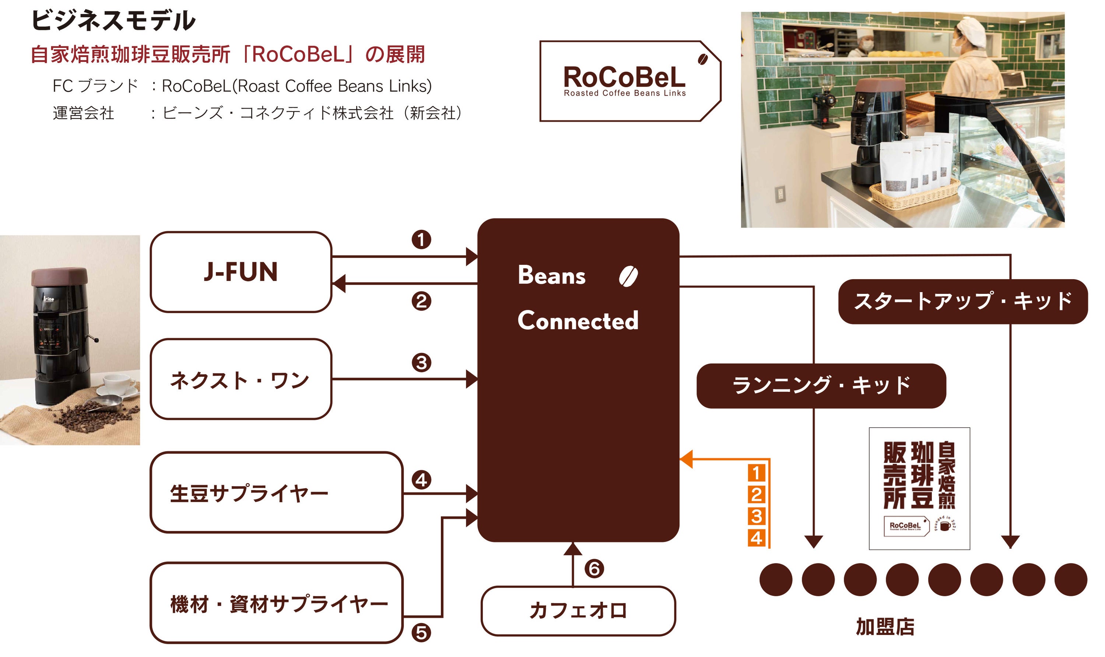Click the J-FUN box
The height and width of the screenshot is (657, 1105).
(241, 272)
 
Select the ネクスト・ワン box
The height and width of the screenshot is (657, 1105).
(241, 379)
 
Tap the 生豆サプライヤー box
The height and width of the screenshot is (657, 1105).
(276, 493)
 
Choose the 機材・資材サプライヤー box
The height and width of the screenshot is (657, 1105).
(276, 603)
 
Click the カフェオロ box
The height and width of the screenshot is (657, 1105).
(578, 611)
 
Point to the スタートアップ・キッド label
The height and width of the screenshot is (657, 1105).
(962, 302)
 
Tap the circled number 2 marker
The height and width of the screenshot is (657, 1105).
(421, 302)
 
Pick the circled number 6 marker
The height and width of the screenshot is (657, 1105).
(594, 569)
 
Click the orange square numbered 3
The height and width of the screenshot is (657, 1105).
(756, 517)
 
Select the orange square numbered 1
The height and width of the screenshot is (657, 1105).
(756, 473)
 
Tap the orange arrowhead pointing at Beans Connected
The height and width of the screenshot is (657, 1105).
(686, 459)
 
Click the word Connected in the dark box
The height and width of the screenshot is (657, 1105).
(578, 320)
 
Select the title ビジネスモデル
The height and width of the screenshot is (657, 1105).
(113, 21)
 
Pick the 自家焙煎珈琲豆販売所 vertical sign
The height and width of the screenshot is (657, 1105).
(919, 488)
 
